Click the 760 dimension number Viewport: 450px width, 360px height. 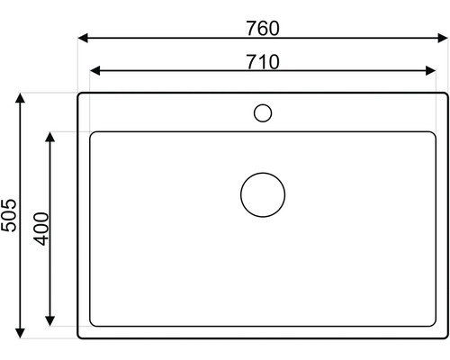pyautogui.click(x=263, y=28)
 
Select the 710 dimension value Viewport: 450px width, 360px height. pyautogui.click(x=263, y=61)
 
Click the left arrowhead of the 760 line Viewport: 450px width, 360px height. pyautogui.click(x=82, y=39)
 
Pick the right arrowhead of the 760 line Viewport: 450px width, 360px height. pyautogui.click(x=444, y=39)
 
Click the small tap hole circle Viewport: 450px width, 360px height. pyautogui.click(x=263, y=112)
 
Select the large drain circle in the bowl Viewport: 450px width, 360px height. pyautogui.click(x=263, y=193)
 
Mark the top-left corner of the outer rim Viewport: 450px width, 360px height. pyautogui.click(x=80, y=94)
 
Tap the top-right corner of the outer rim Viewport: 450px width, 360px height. pyautogui.click(x=445, y=94)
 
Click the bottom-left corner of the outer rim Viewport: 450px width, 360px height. pyautogui.click(x=80, y=336)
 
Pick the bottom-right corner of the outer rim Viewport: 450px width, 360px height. pyautogui.click(x=445, y=336)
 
